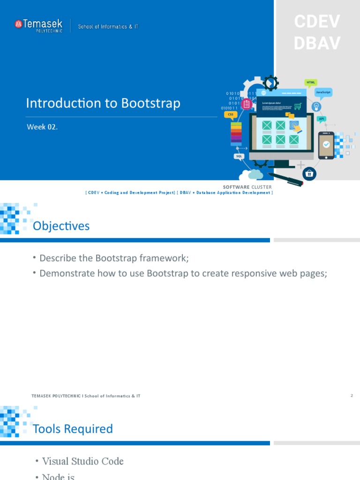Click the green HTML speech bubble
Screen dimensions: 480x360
(311, 82)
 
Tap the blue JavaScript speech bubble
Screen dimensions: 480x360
(323, 92)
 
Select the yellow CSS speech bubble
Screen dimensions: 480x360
(230, 114)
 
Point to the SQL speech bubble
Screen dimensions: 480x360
(239, 156)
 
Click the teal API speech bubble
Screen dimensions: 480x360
(322, 119)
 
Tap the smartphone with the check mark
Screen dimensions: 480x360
(326, 145)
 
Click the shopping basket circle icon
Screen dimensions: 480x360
(309, 174)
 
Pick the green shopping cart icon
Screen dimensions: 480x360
(297, 106)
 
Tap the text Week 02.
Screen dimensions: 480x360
(42, 127)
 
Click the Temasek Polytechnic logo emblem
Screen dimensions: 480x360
(18, 24)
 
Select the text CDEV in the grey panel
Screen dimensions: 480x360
(317, 22)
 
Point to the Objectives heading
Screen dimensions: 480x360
(61, 226)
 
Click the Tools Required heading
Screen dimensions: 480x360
(73, 429)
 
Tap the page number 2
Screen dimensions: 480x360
(351, 396)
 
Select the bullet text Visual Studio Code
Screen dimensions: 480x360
(83, 461)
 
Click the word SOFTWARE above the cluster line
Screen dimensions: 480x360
(237, 187)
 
